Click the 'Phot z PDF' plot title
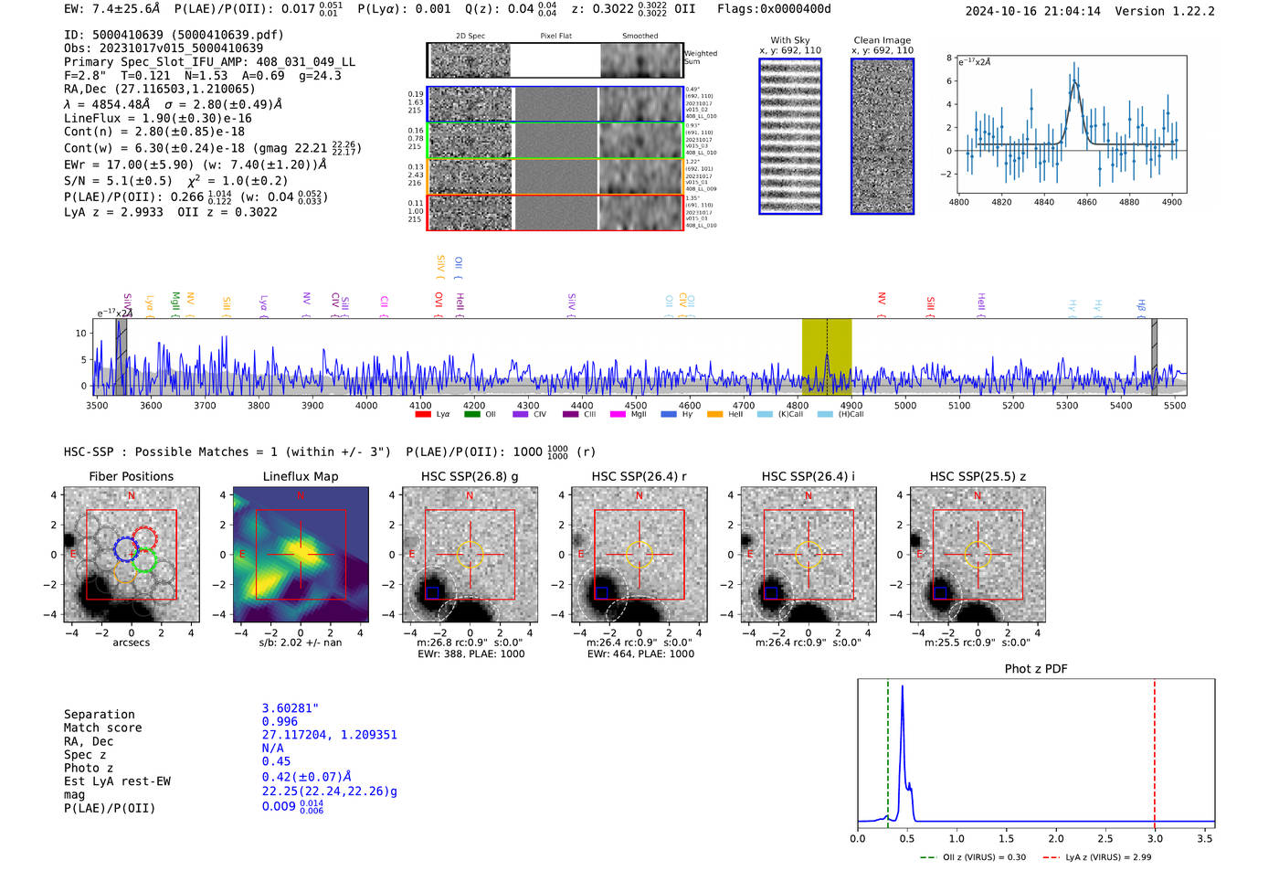[1035, 669]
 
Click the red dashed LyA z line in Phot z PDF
[1155, 749]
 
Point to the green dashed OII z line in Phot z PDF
[887, 749]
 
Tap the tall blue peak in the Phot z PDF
[903, 695]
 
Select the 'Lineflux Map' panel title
[300, 476]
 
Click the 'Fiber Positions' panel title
[131, 476]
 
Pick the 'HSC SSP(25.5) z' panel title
[978, 476]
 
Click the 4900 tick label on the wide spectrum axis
[851, 406]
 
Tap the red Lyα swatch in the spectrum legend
[423, 415]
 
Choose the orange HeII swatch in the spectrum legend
[714, 415]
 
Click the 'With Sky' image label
[789, 40]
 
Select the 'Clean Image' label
[882, 40]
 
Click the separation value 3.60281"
[291, 708]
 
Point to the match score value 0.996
[280, 721]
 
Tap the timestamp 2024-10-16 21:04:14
[1032, 11]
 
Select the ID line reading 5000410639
[174, 35]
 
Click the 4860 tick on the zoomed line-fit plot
[1086, 202]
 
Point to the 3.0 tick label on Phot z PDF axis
[1155, 838]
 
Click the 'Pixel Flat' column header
[555, 37]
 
